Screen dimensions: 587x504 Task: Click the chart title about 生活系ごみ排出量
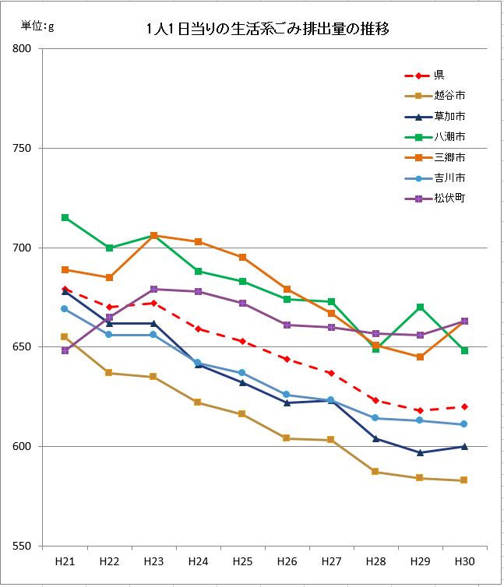click(x=267, y=30)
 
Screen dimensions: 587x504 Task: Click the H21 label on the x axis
click(x=65, y=561)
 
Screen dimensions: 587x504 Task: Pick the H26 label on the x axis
click(x=287, y=561)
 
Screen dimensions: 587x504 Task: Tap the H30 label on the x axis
click(x=464, y=561)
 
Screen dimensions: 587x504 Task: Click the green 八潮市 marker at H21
click(x=65, y=217)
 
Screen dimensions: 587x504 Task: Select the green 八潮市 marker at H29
click(x=420, y=307)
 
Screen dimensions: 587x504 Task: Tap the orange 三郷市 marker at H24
click(x=198, y=241)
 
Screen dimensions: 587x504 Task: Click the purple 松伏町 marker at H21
click(x=65, y=350)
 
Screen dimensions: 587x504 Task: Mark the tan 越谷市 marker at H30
click(x=464, y=480)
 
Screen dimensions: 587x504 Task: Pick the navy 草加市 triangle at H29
click(x=420, y=452)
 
